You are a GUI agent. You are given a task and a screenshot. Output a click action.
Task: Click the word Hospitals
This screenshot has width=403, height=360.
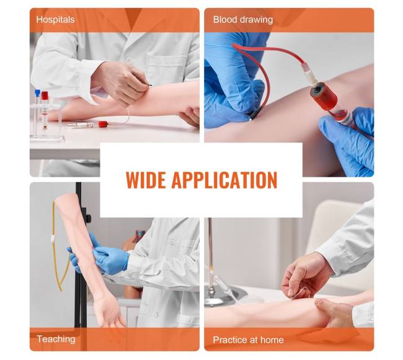55,19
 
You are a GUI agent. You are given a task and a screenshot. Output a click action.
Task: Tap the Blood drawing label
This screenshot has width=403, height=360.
243,19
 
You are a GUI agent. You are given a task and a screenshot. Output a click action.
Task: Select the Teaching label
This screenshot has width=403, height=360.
56,339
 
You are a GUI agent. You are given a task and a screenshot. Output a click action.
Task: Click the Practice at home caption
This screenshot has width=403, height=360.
248,340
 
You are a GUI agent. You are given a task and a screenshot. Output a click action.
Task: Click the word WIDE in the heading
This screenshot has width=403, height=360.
146,180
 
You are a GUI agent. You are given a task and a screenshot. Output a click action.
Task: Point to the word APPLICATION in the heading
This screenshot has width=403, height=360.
224,180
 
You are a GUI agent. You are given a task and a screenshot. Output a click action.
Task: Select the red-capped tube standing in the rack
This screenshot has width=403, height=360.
45,110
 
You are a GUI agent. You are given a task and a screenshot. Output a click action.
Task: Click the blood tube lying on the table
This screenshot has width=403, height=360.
87,125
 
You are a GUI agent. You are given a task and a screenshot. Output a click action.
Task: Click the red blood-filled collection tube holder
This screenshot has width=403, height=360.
323,96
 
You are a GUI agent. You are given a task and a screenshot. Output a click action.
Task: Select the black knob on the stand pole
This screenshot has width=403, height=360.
87,219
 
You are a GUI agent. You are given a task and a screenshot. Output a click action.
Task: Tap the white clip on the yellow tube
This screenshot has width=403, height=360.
53,239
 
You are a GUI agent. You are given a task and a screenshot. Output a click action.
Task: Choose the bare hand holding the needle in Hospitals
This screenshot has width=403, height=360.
120,83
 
